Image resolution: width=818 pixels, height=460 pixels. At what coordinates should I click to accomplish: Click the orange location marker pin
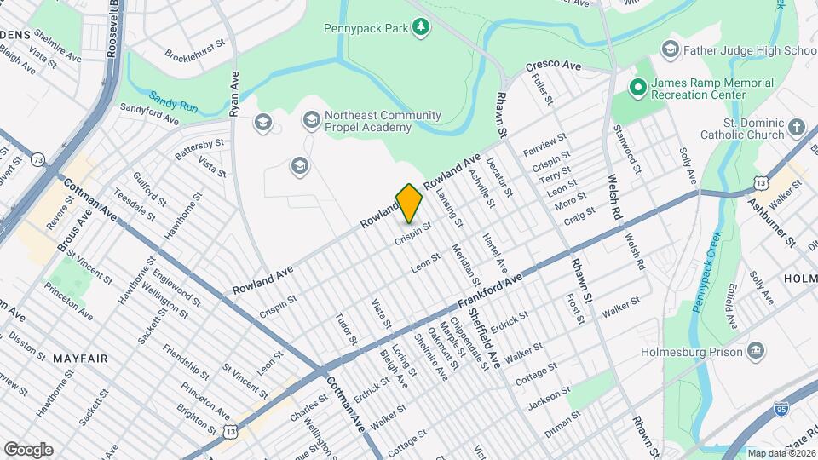[409, 203]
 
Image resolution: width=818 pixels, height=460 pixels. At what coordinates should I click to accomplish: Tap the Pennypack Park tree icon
[421, 28]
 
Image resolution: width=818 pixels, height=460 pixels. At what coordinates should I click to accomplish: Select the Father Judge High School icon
[671, 50]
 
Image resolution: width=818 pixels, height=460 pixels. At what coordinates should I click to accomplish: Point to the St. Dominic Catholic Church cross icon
[797, 129]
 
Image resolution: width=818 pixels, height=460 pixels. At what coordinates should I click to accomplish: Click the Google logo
[28, 449]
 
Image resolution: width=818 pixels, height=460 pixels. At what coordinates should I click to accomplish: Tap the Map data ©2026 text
[781, 453]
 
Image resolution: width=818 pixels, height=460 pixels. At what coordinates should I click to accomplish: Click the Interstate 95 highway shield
[792, 411]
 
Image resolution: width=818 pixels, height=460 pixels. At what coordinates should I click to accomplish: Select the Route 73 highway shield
[37, 159]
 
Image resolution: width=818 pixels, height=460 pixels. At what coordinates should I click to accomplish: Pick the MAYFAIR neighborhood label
[80, 359]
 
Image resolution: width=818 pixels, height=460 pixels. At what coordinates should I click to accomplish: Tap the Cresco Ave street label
[553, 66]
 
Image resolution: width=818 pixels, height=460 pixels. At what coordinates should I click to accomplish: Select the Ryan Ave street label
[235, 95]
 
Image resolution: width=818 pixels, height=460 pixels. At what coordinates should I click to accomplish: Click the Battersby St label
[199, 150]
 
